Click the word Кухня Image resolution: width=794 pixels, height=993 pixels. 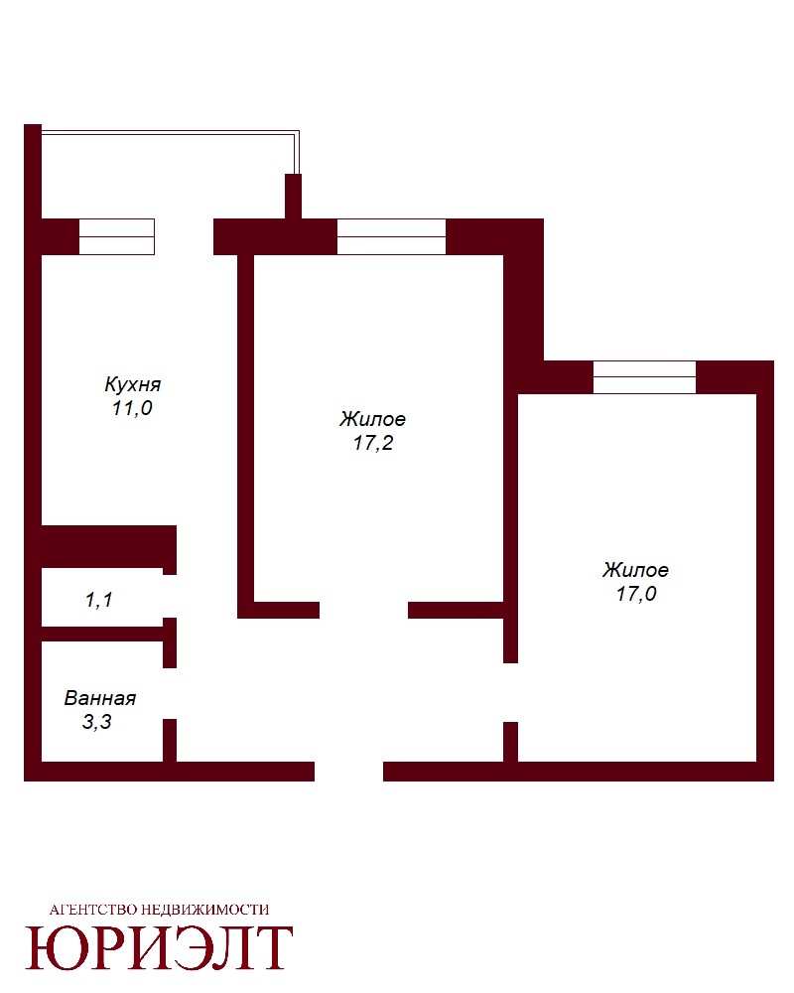pyautogui.click(x=132, y=383)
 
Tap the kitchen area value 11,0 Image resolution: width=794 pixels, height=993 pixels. pyautogui.click(x=132, y=408)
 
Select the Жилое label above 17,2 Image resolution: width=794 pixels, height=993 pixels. pyautogui.click(x=372, y=419)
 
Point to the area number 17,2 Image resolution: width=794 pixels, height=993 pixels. pyautogui.click(x=373, y=443)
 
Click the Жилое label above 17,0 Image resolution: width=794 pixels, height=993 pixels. pyautogui.click(x=635, y=569)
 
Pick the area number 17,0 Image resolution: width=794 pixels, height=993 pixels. pyautogui.click(x=636, y=594)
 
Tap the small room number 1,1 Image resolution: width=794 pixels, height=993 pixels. pyautogui.click(x=99, y=599)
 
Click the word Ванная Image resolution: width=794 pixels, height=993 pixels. pyautogui.click(x=100, y=698)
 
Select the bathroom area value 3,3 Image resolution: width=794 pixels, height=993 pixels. pyautogui.click(x=97, y=721)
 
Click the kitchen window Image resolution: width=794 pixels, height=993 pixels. pyautogui.click(x=116, y=237)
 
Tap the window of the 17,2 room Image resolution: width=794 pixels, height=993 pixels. pyautogui.click(x=391, y=237)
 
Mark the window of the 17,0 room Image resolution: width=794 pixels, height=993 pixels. pyautogui.click(x=644, y=376)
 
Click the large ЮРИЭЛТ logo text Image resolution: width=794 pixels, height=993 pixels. pyautogui.click(x=159, y=948)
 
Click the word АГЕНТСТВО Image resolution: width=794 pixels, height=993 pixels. pyautogui.click(x=92, y=910)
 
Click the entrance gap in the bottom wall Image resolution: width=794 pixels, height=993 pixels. pyautogui.click(x=349, y=772)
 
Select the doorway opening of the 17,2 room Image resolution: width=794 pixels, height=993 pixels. pyautogui.click(x=363, y=610)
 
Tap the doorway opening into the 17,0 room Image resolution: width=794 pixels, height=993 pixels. pyautogui.click(x=510, y=692)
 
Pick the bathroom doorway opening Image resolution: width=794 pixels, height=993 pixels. pyautogui.click(x=170, y=693)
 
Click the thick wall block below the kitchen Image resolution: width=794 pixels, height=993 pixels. pyautogui.click(x=108, y=546)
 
